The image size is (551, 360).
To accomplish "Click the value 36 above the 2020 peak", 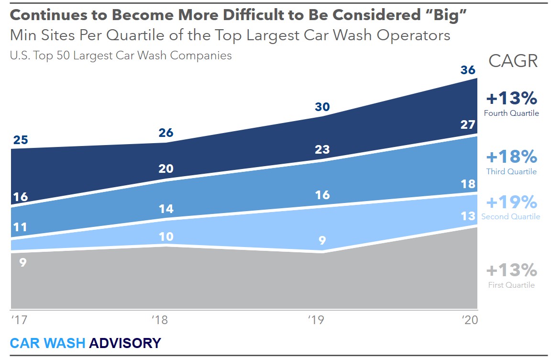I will point(468,70).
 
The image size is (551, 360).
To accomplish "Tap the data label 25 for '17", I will point(21,140).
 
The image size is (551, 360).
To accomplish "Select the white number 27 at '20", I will point(468,125).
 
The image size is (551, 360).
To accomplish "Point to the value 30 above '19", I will point(322,107).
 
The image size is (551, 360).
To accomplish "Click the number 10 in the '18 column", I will point(166,236).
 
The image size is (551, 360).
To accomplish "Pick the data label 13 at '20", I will point(468,216).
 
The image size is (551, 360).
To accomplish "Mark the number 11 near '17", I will point(20,226).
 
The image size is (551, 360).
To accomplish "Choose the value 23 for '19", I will point(322,149).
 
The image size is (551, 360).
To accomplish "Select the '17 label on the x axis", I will point(18,320).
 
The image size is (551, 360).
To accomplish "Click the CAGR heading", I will point(513,61).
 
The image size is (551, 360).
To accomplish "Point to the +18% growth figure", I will point(511,157).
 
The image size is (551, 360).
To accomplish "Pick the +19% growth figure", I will point(511,202).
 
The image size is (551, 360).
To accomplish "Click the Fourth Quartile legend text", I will point(511,113).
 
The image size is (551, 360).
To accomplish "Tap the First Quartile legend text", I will point(511,285).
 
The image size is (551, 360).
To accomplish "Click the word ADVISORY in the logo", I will point(125,343).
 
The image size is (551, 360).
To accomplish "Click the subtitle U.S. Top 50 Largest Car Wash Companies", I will point(121,56).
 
